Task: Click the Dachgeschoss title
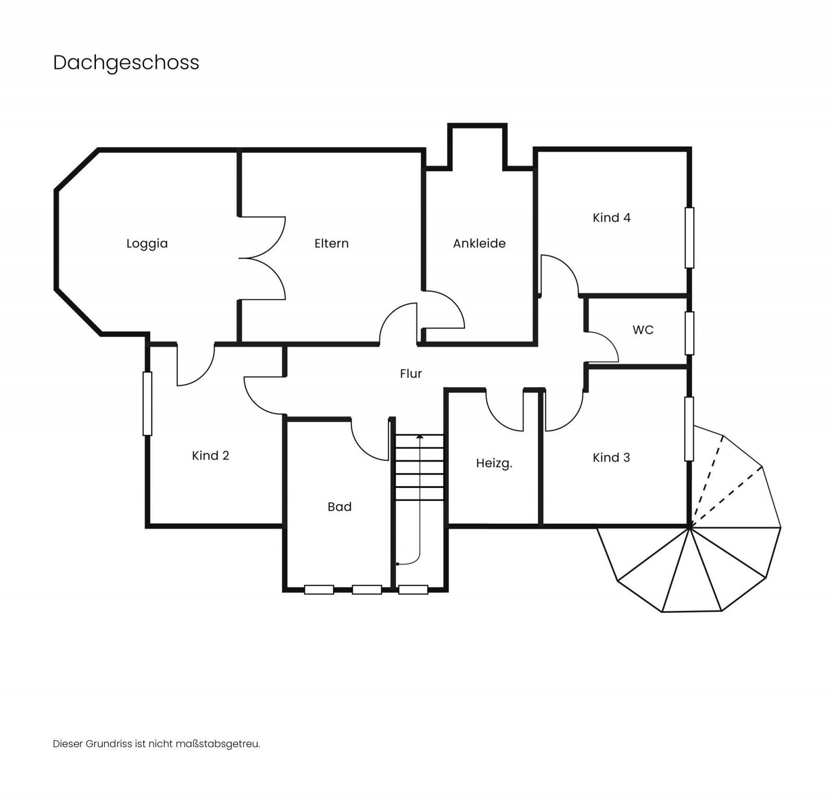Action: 126,63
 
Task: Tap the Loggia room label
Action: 147,243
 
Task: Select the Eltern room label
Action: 332,243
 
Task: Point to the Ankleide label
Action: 479,243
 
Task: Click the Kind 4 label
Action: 611,218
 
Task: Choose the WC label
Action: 643,330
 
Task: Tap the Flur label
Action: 411,374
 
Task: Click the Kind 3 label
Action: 611,458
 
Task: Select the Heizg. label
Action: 494,463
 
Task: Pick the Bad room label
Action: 339,507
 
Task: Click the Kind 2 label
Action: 210,455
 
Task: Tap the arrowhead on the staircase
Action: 420,436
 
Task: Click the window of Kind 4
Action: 689,238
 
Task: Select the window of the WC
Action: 689,333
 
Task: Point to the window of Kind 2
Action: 148,403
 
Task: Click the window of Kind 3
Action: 689,429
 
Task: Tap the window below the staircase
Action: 413,589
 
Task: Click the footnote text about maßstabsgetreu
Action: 156,744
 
